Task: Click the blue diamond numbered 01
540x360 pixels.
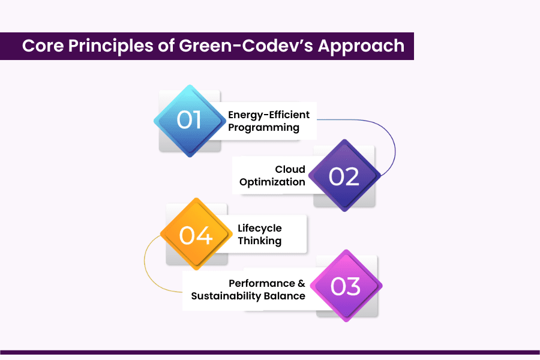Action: (x=190, y=121)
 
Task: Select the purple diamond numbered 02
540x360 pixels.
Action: (x=344, y=176)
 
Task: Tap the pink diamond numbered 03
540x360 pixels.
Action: (x=346, y=286)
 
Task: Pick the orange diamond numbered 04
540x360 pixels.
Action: (x=196, y=234)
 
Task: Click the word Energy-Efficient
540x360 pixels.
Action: (x=269, y=115)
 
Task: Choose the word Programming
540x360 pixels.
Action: (x=263, y=127)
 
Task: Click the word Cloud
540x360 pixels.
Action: (x=290, y=169)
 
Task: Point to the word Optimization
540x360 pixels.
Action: (x=272, y=182)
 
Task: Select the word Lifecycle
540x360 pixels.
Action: (x=259, y=228)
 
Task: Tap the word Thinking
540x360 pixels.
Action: (x=259, y=241)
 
